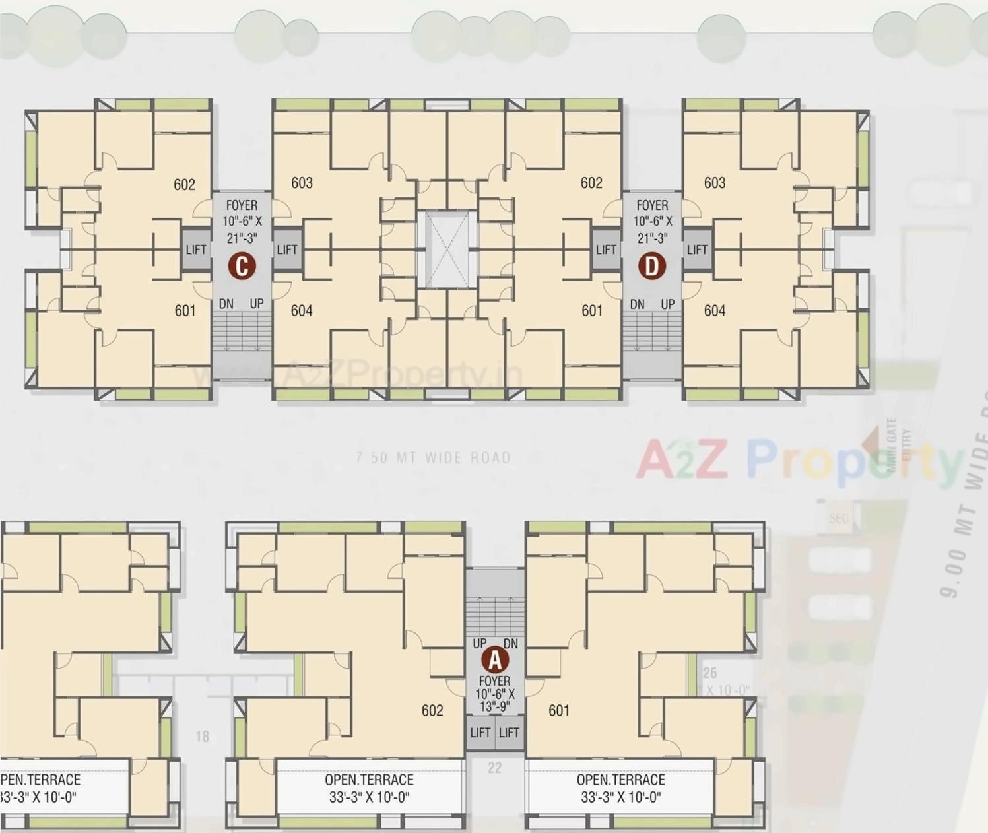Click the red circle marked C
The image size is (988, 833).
click(242, 266)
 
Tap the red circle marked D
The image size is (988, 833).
click(652, 266)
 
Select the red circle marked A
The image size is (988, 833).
click(495, 659)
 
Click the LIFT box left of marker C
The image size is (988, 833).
click(196, 250)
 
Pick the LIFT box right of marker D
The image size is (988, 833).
click(697, 250)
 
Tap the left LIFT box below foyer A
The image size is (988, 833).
click(480, 733)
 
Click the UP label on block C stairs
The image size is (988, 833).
click(257, 304)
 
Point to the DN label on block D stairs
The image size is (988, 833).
click(637, 304)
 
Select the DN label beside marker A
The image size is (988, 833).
click(511, 644)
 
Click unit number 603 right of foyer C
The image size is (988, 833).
click(302, 183)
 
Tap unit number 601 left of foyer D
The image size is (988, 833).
click(592, 310)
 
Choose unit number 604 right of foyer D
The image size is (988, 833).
click(715, 310)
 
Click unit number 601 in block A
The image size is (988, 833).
click(559, 710)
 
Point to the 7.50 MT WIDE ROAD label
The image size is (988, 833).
click(433, 457)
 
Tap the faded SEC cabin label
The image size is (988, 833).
click(838, 518)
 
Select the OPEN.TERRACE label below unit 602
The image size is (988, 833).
click(369, 788)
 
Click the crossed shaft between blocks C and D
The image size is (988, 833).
click(447, 249)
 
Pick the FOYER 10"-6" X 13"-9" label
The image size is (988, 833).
click(495, 693)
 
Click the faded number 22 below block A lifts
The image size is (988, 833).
click(495, 768)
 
